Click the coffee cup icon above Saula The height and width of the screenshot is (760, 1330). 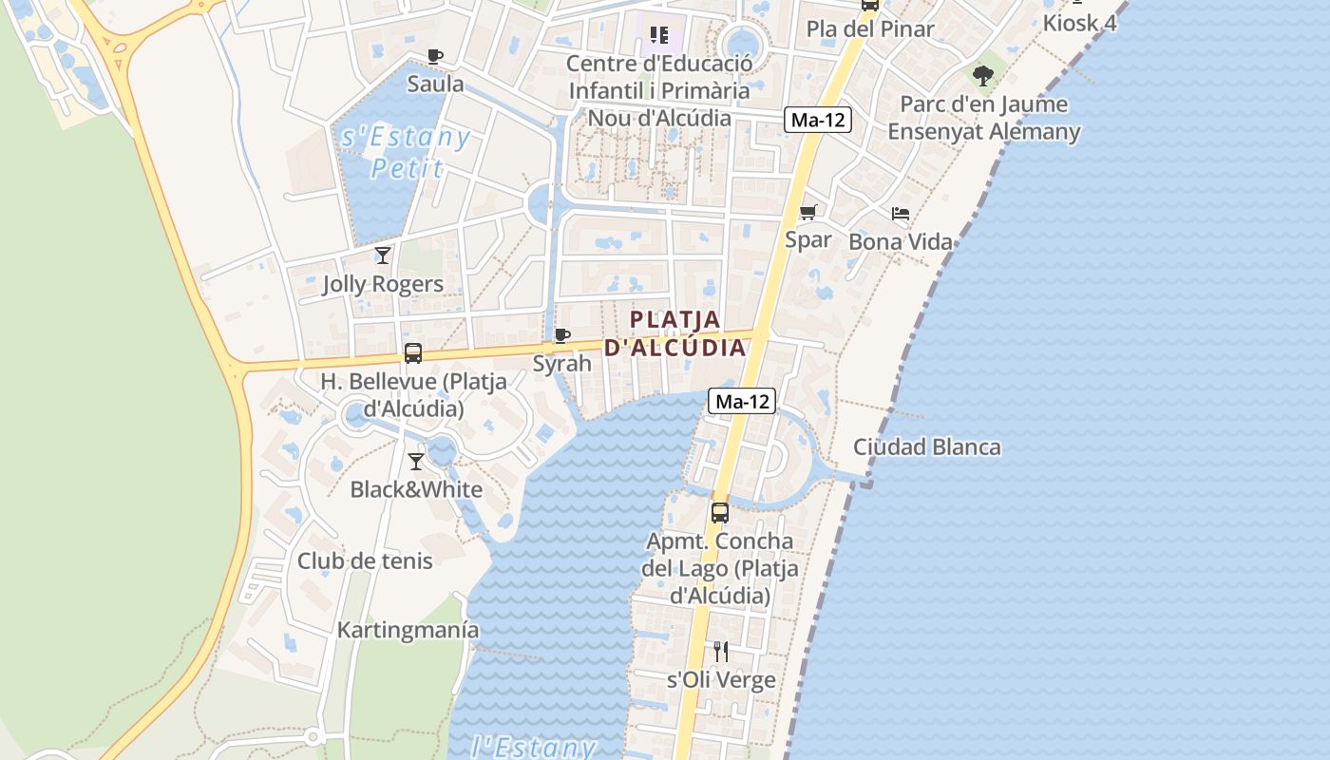click(x=435, y=57)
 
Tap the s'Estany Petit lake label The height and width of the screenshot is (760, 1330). click(x=406, y=153)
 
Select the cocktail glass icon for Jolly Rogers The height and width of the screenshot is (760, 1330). click(x=383, y=256)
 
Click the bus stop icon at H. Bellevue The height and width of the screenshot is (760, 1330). click(x=413, y=353)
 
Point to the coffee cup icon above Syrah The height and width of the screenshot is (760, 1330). click(x=562, y=335)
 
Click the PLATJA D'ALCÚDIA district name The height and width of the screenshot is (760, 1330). click(x=675, y=333)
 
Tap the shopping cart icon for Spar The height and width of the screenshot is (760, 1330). click(x=808, y=213)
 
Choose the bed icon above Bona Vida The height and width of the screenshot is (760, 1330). click(x=901, y=214)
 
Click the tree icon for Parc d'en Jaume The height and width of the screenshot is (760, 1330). click(x=983, y=75)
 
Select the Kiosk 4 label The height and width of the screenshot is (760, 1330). click(x=1079, y=23)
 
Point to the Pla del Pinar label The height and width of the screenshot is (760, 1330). click(x=870, y=28)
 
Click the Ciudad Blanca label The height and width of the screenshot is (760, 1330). click(x=926, y=446)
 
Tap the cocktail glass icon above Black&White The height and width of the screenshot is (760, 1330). click(x=416, y=462)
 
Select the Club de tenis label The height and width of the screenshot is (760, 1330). click(x=365, y=560)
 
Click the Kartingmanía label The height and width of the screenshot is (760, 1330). click(x=408, y=630)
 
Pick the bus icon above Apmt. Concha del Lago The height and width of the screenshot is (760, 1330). click(x=720, y=513)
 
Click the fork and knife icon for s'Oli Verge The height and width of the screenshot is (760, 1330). click(x=721, y=652)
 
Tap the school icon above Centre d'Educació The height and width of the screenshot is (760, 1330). click(x=659, y=36)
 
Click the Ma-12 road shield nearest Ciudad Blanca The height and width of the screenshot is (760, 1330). click(x=742, y=402)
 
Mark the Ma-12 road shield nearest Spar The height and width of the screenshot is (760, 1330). click(x=817, y=121)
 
